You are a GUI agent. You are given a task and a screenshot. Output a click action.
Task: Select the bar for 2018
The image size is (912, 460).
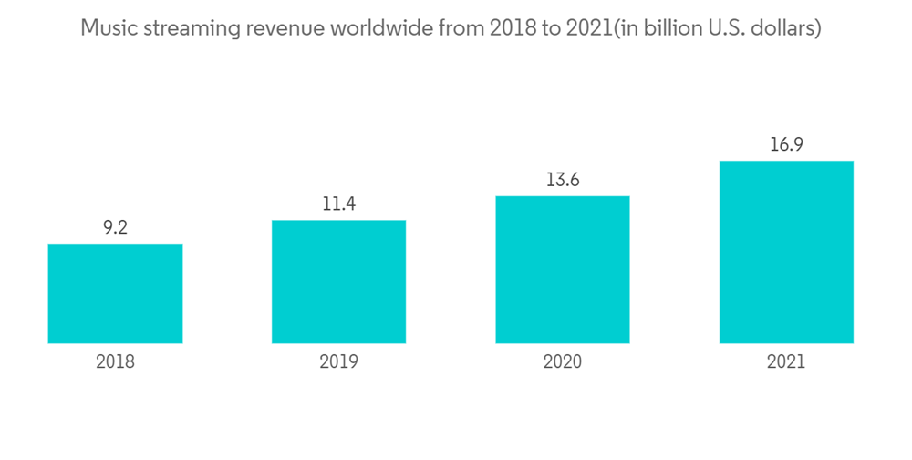115,293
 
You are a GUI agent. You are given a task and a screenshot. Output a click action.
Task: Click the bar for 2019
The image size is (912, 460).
338,281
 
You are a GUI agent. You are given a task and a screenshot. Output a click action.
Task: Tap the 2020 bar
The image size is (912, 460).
563,269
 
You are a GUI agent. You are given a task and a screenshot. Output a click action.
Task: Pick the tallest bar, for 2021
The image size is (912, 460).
786,252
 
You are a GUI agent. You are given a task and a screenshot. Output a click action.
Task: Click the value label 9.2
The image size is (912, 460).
115,228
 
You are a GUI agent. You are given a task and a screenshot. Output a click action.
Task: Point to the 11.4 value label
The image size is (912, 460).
338,204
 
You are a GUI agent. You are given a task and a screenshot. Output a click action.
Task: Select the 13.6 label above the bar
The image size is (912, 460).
563,180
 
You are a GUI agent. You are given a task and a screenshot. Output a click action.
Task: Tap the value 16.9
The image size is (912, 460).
786,145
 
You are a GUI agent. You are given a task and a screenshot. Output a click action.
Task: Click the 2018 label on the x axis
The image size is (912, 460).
115,361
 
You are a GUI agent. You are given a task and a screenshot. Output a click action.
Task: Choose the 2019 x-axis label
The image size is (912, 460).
338,361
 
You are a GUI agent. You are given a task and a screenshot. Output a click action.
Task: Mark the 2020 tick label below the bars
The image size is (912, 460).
563,361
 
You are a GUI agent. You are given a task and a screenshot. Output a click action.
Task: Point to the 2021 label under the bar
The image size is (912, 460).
786,361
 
